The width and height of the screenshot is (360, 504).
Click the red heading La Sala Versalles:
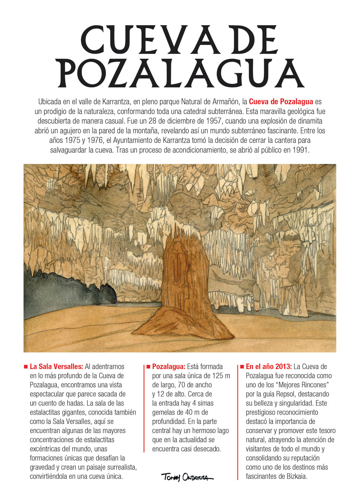click(x=56, y=367)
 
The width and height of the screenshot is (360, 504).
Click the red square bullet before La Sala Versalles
click(x=26, y=367)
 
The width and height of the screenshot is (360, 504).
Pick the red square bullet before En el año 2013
click(x=242, y=367)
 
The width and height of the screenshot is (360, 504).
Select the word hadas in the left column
click(x=69, y=402)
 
